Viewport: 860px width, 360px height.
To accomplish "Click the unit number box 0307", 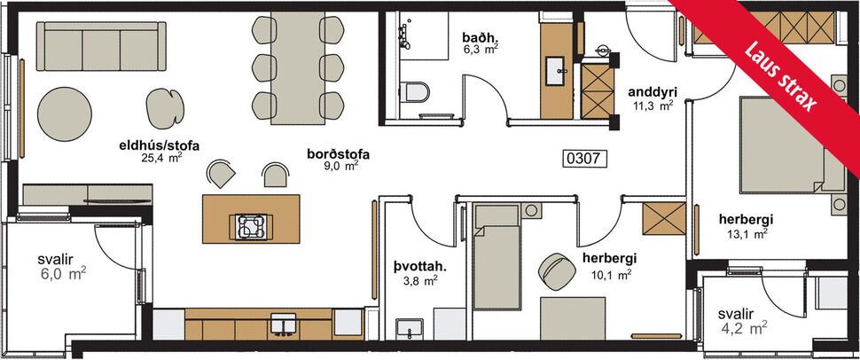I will click(583, 160).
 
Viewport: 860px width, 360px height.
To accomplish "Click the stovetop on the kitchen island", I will click(249, 226).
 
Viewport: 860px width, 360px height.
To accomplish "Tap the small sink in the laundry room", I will click(410, 328).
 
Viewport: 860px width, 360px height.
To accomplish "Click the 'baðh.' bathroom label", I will click(480, 38).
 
